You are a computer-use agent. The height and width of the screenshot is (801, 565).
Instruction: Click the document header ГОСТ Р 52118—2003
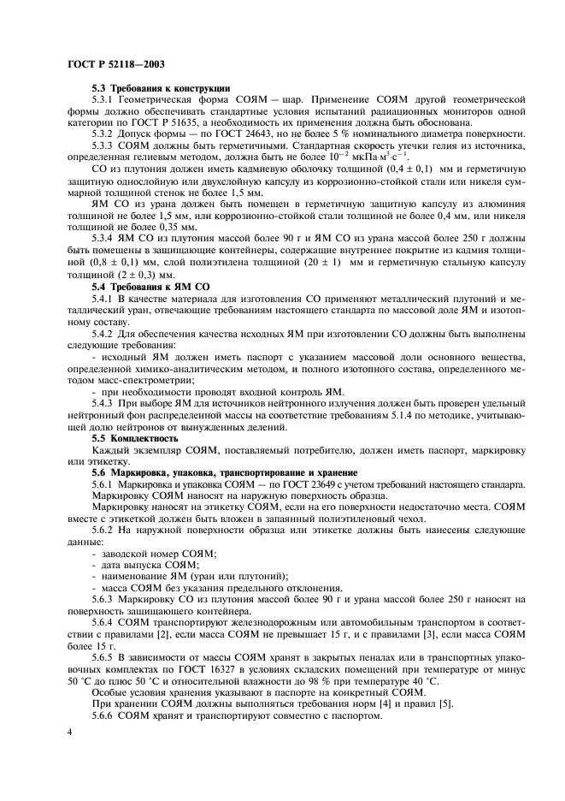pyautogui.click(x=115, y=64)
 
